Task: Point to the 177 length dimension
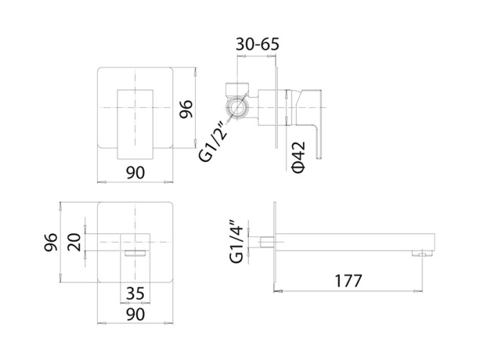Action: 348,280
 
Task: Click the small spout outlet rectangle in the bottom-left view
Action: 135,253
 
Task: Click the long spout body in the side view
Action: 353,240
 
